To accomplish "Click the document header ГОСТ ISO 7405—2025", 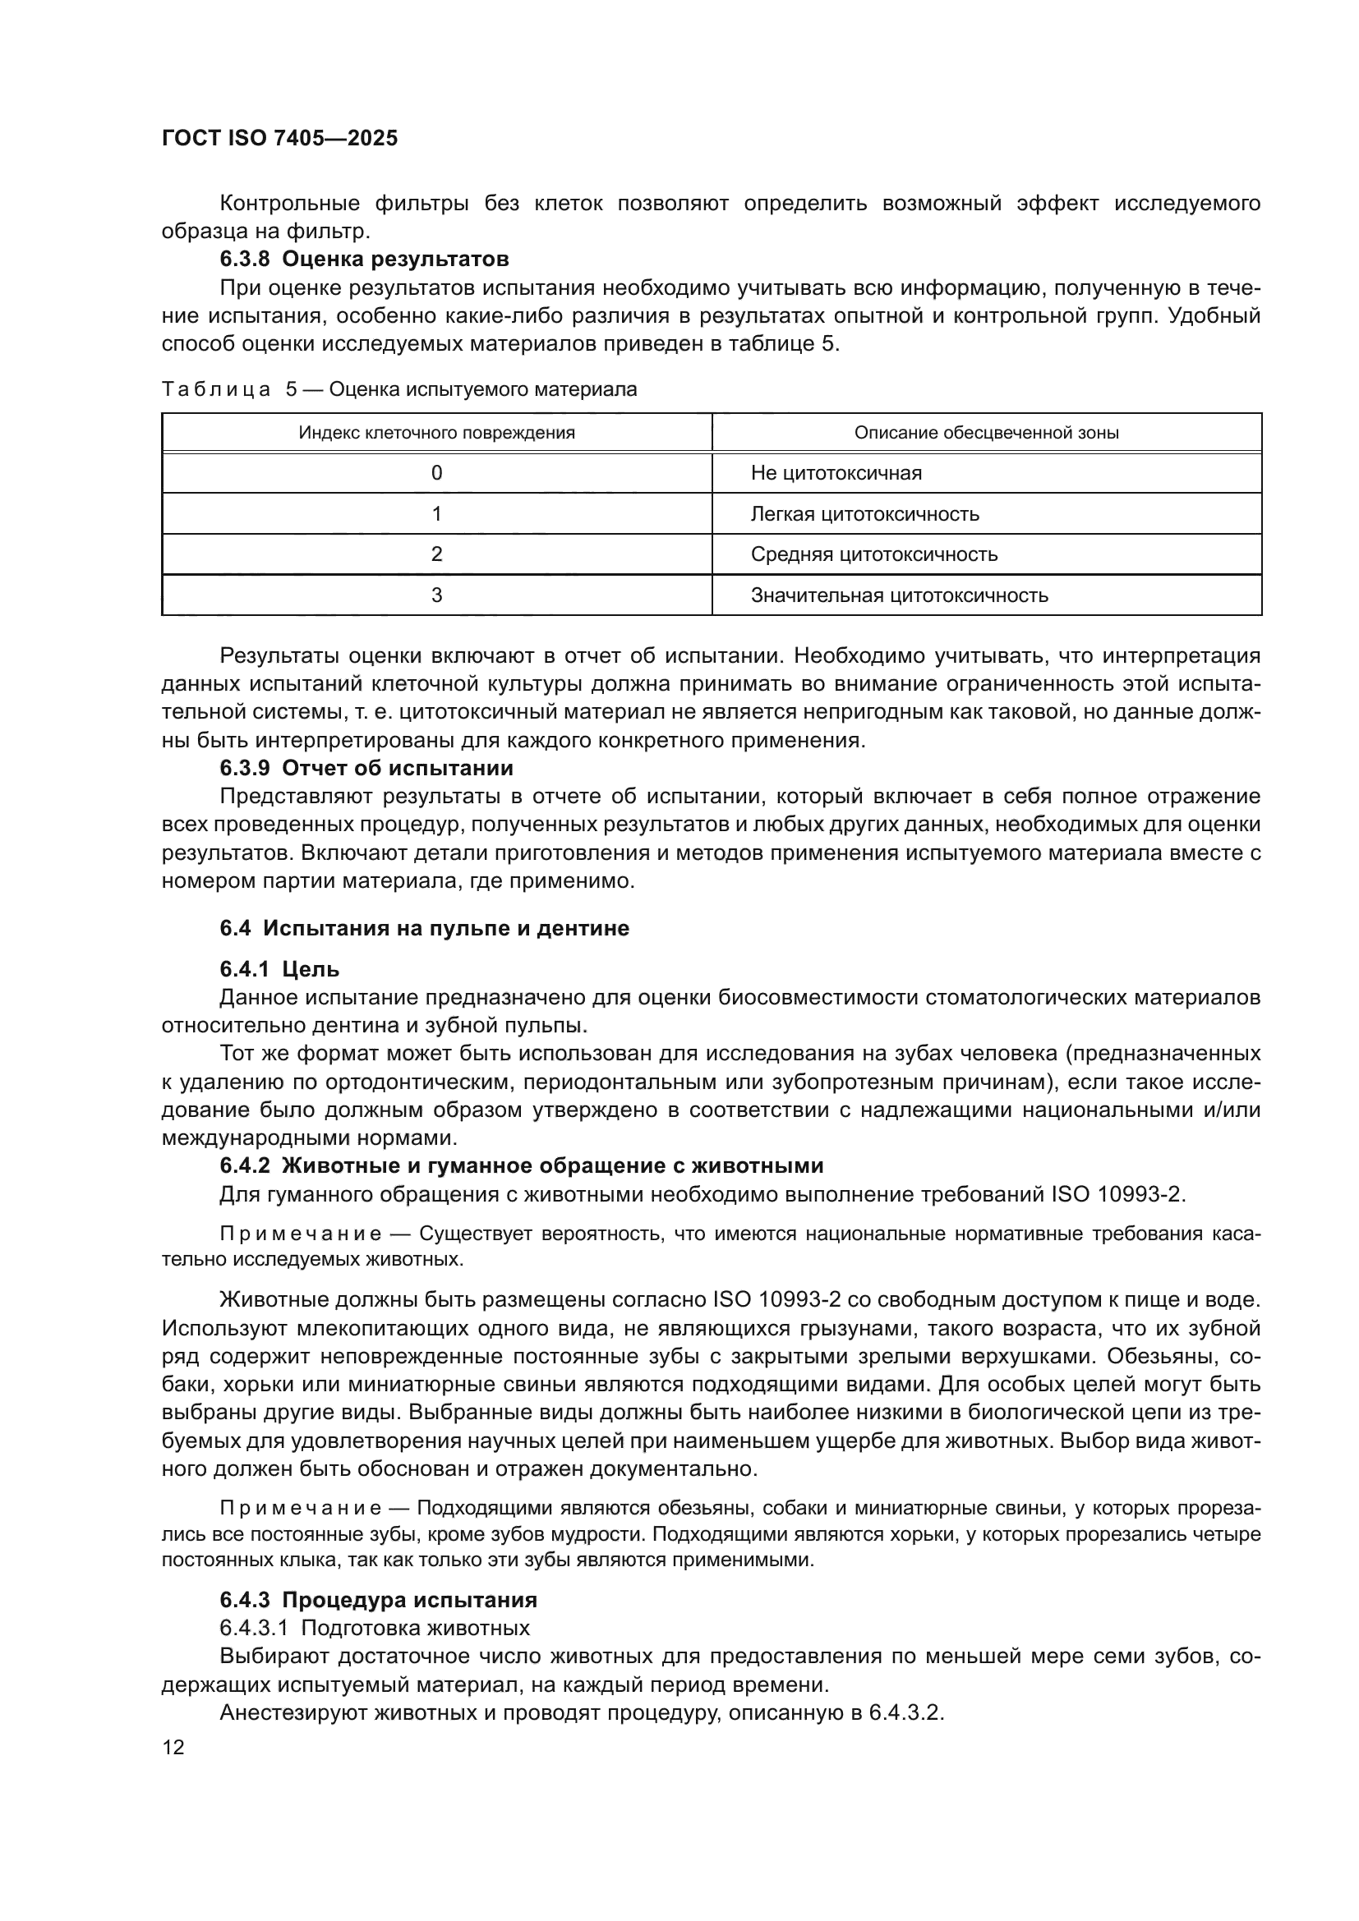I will coord(279,139).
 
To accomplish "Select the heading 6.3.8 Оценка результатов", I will coord(364,260).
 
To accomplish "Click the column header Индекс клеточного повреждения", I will coord(437,433).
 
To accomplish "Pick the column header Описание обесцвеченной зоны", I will coord(986,433).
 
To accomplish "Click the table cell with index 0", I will coord(437,474).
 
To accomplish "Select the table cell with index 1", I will coord(437,513).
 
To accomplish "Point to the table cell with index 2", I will coord(437,554).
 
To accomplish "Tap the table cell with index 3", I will coord(437,595).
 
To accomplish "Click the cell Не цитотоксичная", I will coord(836,474).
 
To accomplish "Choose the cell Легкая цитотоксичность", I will coord(864,513).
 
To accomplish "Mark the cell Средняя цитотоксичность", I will coord(873,554).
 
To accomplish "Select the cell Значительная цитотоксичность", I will coord(899,595).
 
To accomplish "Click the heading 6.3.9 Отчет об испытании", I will coord(366,768).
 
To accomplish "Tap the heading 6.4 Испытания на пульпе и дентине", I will coord(424,928).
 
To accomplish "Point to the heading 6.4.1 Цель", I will coord(279,970).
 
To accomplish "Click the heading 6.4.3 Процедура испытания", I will coord(378,1600).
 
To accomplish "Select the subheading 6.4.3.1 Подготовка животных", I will coord(375,1628).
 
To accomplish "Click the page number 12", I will coord(173,1748).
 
